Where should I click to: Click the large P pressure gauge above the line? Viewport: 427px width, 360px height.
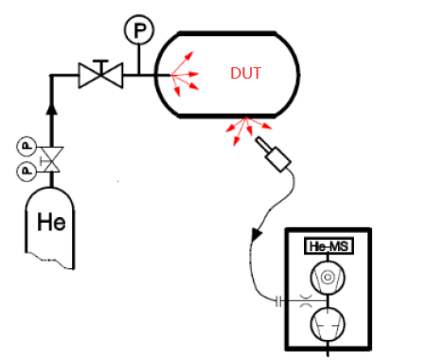[139, 31]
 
